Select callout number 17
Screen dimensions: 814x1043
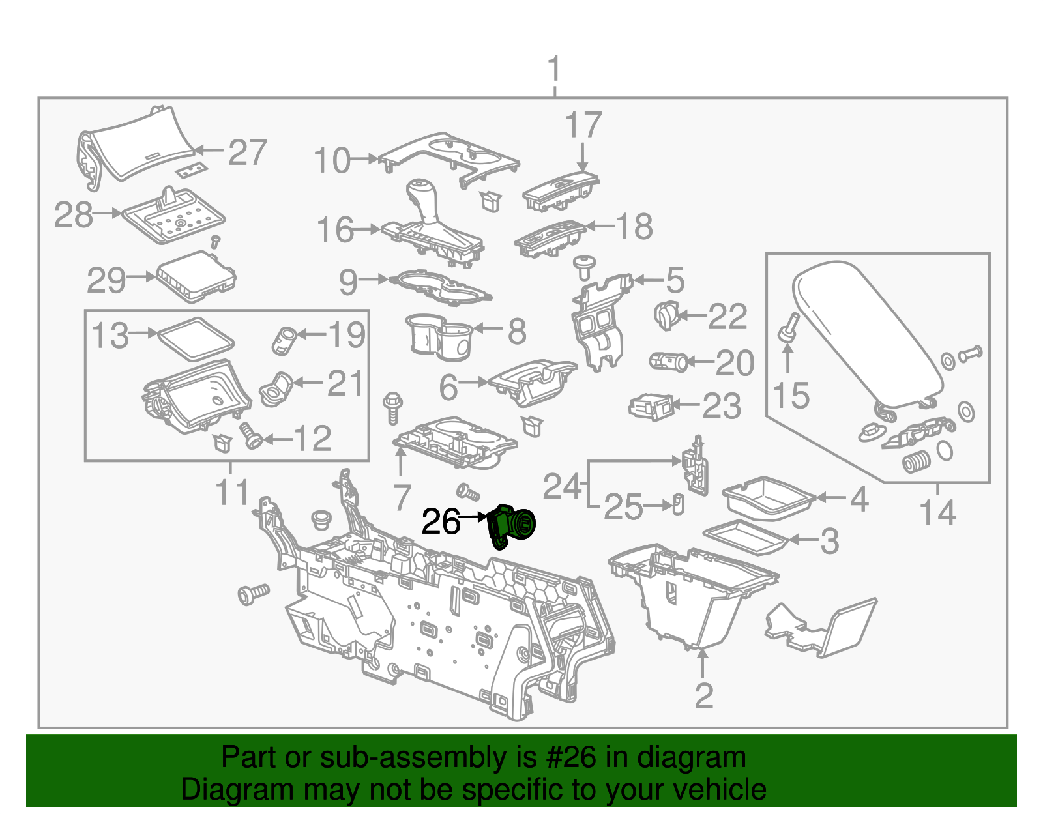583,125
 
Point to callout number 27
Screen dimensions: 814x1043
248,153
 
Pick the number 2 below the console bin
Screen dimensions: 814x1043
704,696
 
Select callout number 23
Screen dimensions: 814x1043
722,406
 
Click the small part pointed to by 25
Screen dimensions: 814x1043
678,504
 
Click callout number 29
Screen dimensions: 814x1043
106,280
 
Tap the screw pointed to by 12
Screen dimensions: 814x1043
251,435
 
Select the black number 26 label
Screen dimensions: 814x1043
441,521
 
